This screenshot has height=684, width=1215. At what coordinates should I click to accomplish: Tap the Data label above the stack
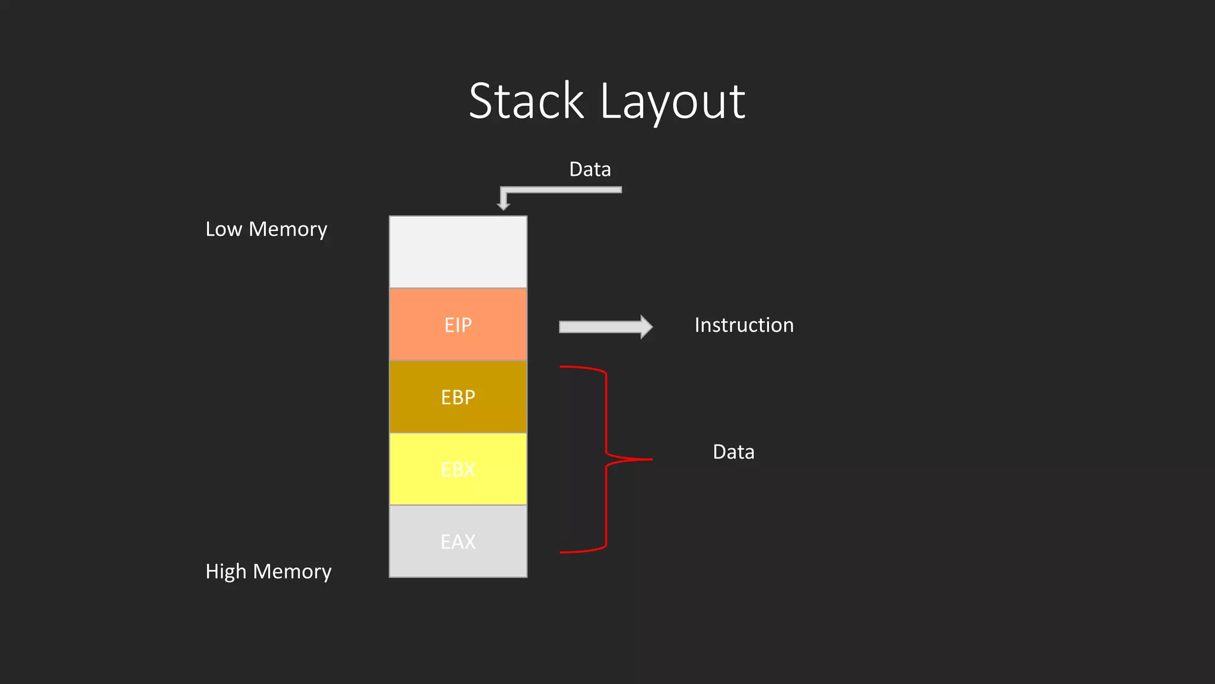[590, 169]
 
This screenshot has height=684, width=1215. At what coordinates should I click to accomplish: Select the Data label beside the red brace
[733, 452]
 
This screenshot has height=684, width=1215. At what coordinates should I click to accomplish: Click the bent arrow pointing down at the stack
[561, 190]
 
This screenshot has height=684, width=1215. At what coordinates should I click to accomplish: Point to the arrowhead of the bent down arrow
[504, 205]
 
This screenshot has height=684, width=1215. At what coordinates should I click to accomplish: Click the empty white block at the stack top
[458, 252]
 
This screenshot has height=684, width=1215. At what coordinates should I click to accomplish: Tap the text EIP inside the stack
[458, 325]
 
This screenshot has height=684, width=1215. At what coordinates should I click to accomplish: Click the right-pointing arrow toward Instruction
[605, 327]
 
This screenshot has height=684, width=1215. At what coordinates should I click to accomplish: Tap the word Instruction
[744, 325]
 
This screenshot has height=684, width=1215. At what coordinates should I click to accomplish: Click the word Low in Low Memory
[224, 229]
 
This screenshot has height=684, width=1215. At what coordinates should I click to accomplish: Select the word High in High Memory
[225, 571]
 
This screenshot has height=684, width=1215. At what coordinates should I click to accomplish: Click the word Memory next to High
[292, 571]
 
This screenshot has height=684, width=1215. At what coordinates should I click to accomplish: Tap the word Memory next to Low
[288, 229]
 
